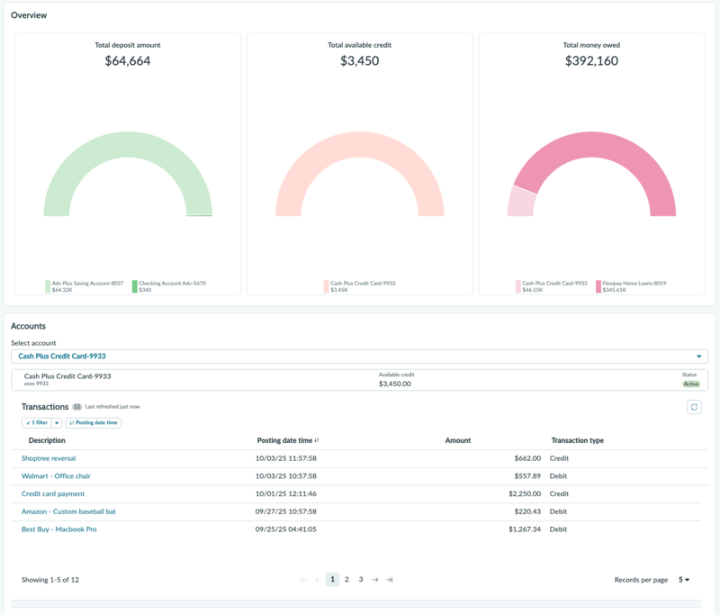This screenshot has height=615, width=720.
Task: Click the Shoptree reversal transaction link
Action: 49,458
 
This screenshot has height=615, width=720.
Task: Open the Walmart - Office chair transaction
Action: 56,476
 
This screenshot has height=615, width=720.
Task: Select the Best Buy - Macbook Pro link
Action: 59,529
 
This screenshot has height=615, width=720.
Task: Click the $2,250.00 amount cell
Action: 525,493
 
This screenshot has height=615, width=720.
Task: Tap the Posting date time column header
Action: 284,440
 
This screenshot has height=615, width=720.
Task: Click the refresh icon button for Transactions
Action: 694,407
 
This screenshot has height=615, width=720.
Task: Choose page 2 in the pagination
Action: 346,580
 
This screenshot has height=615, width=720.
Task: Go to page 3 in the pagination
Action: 361,580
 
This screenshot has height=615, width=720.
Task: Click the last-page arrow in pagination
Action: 390,580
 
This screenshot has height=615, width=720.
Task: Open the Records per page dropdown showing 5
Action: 684,580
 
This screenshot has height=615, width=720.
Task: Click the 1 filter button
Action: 37,422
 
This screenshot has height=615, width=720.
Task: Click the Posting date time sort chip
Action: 94,422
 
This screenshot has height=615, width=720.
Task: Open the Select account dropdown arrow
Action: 699,357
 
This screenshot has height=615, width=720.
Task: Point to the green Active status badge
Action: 691,384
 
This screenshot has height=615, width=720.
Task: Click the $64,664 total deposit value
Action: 128,60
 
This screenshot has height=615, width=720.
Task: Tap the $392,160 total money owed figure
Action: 591,60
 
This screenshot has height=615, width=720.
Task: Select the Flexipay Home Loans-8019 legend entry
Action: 631,286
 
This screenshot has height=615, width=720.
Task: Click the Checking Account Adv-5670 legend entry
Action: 169,286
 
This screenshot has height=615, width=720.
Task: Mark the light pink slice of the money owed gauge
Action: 522,202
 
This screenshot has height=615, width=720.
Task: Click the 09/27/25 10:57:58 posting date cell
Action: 285,511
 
